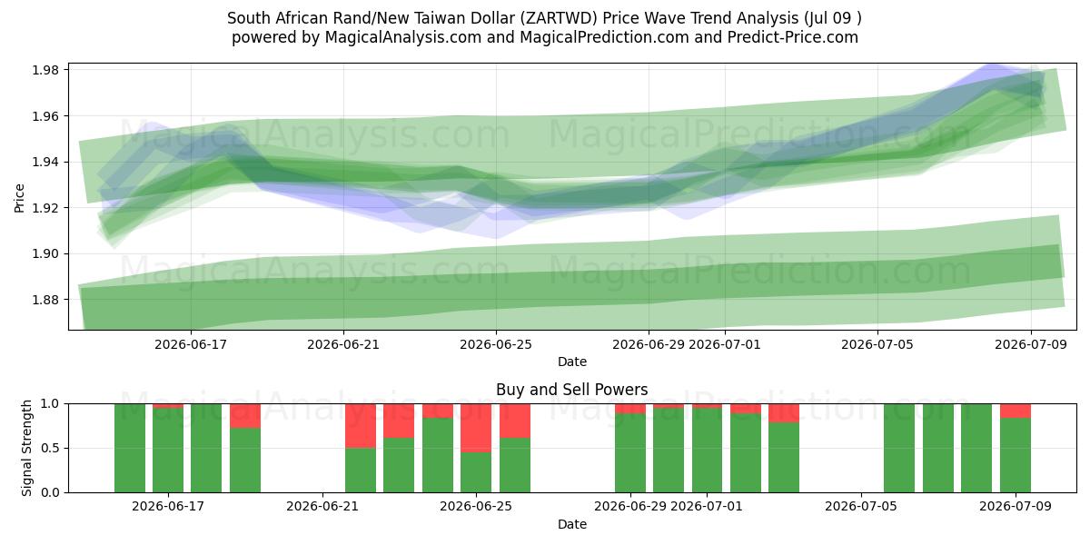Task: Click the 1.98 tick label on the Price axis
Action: click(45, 70)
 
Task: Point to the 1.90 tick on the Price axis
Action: click(45, 253)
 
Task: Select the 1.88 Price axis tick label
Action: click(45, 300)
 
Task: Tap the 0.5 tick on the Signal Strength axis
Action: click(50, 448)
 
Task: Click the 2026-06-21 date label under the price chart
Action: click(343, 344)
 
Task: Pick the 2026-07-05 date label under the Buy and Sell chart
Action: click(861, 507)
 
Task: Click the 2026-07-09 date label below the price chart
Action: click(1031, 344)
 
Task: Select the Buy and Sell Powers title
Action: click(571, 390)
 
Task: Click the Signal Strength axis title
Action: click(26, 448)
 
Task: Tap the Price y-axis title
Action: click(19, 198)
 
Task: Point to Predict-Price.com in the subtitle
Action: click(793, 37)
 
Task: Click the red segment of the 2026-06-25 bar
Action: click(476, 428)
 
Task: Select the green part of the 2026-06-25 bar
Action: click(476, 472)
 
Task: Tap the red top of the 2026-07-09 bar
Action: click(1016, 411)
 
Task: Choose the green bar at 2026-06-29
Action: click(630, 452)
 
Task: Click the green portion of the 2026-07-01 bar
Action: click(707, 451)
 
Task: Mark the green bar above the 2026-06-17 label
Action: click(168, 451)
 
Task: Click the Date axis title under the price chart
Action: click(571, 362)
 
